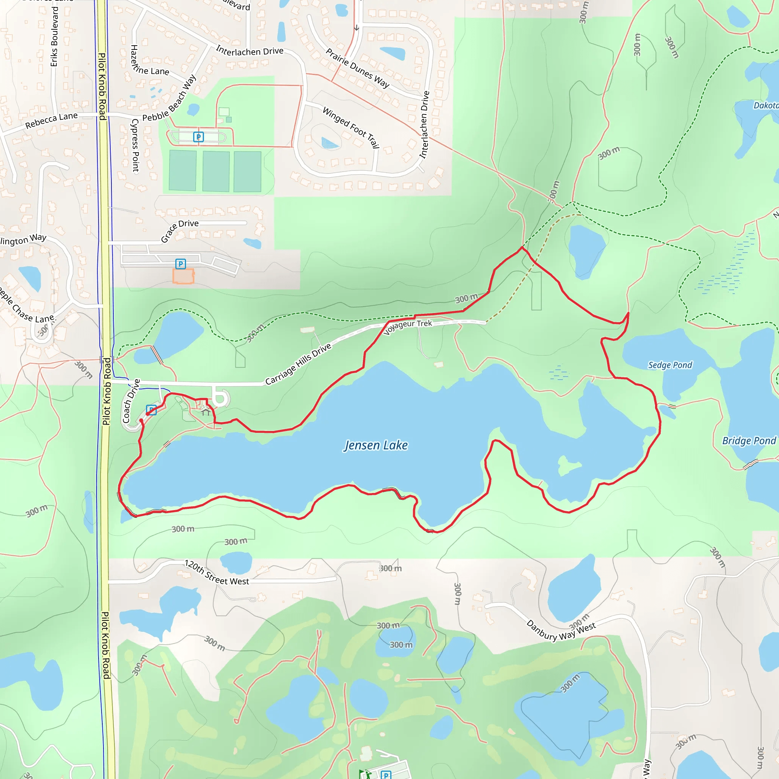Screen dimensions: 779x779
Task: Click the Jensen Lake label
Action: [376, 445]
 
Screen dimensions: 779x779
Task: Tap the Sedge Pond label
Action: [670, 365]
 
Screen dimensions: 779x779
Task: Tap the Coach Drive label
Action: [131, 401]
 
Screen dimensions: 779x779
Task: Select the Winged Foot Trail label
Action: [351, 127]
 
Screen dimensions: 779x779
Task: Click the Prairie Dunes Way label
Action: [357, 68]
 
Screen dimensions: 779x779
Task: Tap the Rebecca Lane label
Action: [51, 120]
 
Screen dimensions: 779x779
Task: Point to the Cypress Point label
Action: [135, 146]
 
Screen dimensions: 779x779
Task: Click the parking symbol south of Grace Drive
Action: [181, 264]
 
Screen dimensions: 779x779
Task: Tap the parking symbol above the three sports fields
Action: [199, 137]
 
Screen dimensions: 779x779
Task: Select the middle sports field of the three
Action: [216, 172]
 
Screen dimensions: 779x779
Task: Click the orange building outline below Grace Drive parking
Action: [183, 277]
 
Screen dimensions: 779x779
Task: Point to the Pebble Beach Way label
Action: [169, 99]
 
